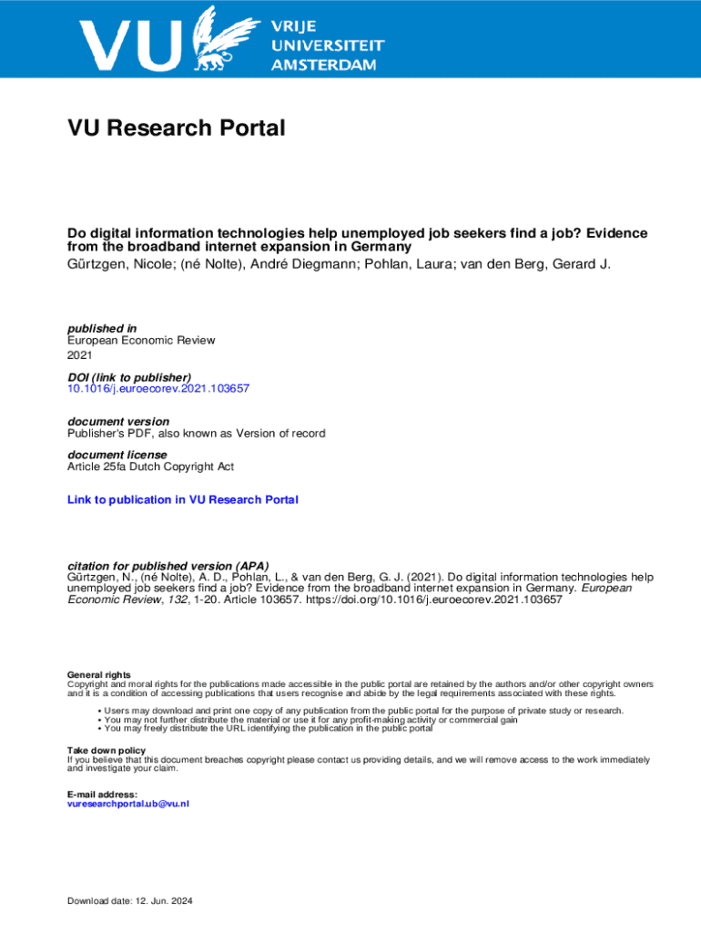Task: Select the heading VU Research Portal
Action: pyautogui.click(x=176, y=128)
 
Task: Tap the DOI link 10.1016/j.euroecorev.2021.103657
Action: pyautogui.click(x=158, y=388)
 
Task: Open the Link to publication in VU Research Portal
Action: pyautogui.click(x=183, y=499)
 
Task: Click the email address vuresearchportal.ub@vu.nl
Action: pyautogui.click(x=128, y=804)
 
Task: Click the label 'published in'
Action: pyautogui.click(x=102, y=328)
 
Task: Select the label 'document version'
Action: pyautogui.click(x=118, y=422)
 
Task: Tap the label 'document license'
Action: pyautogui.click(x=117, y=455)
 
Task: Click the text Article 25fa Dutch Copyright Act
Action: pyautogui.click(x=150, y=466)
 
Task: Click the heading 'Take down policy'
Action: pyautogui.click(x=106, y=751)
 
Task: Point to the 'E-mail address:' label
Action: pyautogui.click(x=102, y=795)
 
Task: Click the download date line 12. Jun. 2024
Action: pyautogui.click(x=130, y=902)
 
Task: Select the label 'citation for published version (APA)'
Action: pyautogui.click(x=168, y=566)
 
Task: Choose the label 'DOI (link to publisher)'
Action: pyautogui.click(x=129, y=377)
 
